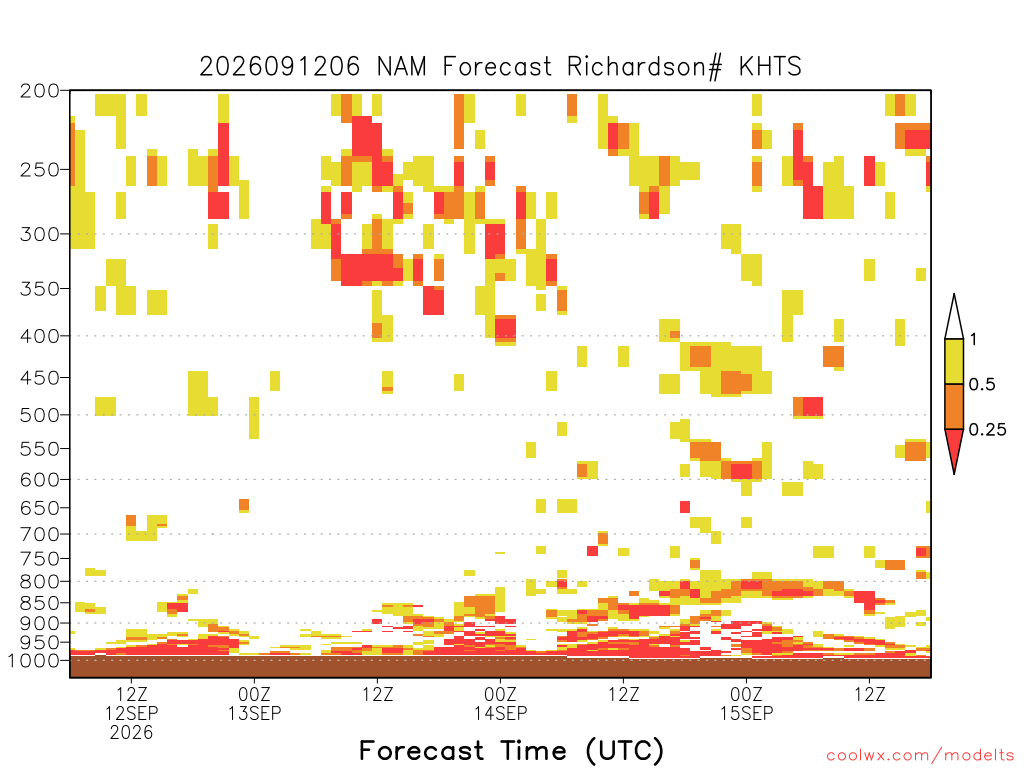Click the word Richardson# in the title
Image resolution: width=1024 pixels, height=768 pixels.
pyautogui.click(x=645, y=67)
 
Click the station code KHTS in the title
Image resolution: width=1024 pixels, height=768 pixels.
pyautogui.click(x=770, y=67)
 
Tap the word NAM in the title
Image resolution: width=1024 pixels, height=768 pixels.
pyautogui.click(x=402, y=67)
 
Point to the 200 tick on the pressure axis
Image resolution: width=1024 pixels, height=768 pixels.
pyautogui.click(x=40, y=91)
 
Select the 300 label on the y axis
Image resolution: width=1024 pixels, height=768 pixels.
pyautogui.click(x=40, y=234)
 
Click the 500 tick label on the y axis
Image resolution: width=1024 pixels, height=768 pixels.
pyautogui.click(x=40, y=415)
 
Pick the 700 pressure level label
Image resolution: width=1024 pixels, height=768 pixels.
pyautogui.click(x=40, y=534)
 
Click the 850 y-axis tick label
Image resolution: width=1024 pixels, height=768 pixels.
pyautogui.click(x=40, y=603)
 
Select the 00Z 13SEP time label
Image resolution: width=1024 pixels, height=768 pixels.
pyautogui.click(x=255, y=703)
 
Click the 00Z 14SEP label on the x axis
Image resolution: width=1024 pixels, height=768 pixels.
pyautogui.click(x=500, y=703)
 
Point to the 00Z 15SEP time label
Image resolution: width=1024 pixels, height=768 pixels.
pyautogui.click(x=746, y=703)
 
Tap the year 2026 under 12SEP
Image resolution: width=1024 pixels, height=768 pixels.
pyautogui.click(x=131, y=733)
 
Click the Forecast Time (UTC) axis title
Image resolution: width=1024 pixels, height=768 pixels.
pyautogui.click(x=511, y=751)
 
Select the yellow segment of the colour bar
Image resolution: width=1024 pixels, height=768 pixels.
pyautogui.click(x=954, y=361)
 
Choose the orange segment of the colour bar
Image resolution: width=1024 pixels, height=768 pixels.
pyautogui.click(x=954, y=406)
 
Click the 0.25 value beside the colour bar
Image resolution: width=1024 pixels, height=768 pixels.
pyautogui.click(x=987, y=430)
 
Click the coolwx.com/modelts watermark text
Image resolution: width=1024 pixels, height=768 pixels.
pyautogui.click(x=920, y=756)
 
